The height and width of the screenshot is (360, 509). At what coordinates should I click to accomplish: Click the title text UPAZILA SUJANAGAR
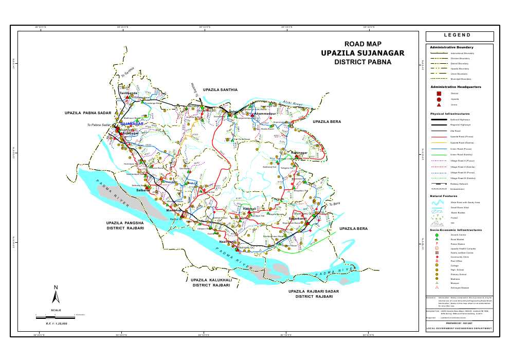tap(362, 53)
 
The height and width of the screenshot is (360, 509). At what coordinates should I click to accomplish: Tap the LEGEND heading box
tap(460, 36)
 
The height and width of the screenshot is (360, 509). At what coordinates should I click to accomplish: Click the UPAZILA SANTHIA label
tap(220, 90)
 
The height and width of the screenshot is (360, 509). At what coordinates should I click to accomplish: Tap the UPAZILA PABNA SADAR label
tap(88, 113)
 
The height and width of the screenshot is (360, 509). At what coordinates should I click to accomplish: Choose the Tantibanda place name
tap(129, 93)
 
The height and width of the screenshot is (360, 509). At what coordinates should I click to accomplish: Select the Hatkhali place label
tap(249, 208)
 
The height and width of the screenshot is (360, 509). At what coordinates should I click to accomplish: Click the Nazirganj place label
tap(228, 242)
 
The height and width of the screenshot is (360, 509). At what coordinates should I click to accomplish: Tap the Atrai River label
tap(293, 104)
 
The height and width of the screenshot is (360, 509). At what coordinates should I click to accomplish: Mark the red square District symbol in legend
tap(439, 94)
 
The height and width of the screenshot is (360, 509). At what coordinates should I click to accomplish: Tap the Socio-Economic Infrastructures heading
tap(456, 230)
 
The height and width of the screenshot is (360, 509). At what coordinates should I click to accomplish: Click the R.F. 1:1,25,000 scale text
tap(57, 323)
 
